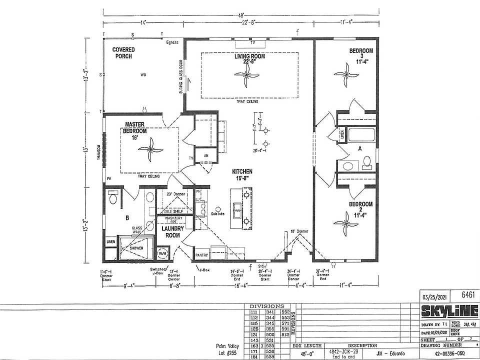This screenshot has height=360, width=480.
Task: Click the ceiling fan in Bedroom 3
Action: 345,71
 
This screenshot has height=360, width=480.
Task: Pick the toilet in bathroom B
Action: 113,199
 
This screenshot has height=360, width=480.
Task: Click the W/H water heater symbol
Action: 163,252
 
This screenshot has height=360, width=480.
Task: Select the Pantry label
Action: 201,255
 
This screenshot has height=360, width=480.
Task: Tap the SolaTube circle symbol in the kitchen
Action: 218,208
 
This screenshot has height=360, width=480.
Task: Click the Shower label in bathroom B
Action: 136,248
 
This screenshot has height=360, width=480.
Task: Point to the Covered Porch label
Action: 122,53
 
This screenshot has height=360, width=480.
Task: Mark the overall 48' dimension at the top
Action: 241,14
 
